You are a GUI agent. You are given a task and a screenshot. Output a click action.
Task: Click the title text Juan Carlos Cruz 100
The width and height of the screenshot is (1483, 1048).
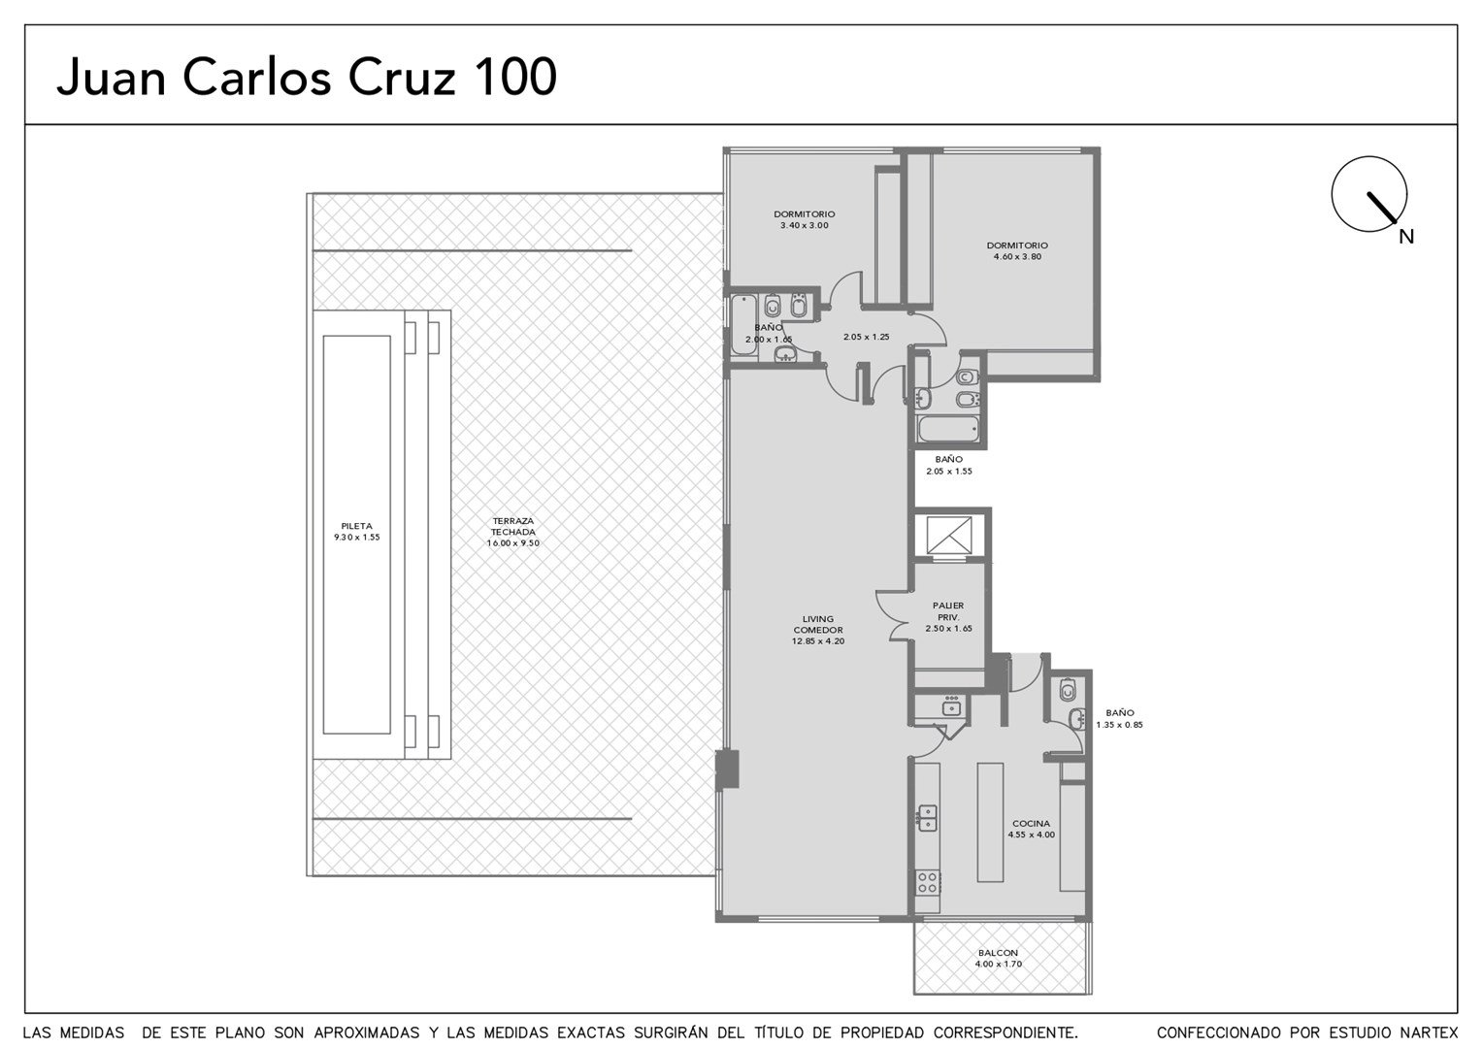click(307, 79)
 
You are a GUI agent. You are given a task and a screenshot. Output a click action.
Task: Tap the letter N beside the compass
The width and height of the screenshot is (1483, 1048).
click(1406, 237)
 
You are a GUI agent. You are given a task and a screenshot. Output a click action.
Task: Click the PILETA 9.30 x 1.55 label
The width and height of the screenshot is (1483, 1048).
click(357, 532)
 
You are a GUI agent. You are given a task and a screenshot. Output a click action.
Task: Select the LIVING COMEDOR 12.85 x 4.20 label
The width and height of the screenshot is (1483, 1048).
click(817, 630)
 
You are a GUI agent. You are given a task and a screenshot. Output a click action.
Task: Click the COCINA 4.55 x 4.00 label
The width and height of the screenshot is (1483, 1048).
click(1031, 829)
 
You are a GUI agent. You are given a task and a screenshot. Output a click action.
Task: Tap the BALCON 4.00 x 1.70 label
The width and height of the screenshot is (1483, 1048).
click(998, 958)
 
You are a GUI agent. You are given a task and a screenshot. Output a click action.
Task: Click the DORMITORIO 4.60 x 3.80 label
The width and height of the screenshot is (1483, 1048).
click(1017, 251)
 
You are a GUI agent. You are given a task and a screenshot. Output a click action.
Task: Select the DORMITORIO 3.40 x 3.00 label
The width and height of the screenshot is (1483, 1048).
click(805, 219)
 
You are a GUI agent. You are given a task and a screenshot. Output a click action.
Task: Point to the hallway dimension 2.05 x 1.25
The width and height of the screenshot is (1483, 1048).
click(866, 337)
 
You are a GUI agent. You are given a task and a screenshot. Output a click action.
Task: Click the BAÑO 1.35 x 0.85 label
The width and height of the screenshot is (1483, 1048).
click(1119, 718)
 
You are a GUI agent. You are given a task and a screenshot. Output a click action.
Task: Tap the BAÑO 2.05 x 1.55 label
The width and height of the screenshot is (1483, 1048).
click(949, 465)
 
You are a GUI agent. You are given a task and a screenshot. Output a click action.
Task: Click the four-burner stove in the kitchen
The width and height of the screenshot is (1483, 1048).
click(928, 882)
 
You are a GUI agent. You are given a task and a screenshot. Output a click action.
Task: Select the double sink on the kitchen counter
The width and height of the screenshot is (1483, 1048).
click(928, 818)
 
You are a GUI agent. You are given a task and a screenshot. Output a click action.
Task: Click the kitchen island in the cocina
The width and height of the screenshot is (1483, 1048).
click(990, 822)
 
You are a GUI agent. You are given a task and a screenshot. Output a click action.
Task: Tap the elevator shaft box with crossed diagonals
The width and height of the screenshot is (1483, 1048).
click(949, 535)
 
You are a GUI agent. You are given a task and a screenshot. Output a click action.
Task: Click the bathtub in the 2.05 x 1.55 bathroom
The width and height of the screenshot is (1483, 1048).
click(948, 429)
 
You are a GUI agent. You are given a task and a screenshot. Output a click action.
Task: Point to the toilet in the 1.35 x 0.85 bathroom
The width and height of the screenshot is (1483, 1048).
click(1068, 689)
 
